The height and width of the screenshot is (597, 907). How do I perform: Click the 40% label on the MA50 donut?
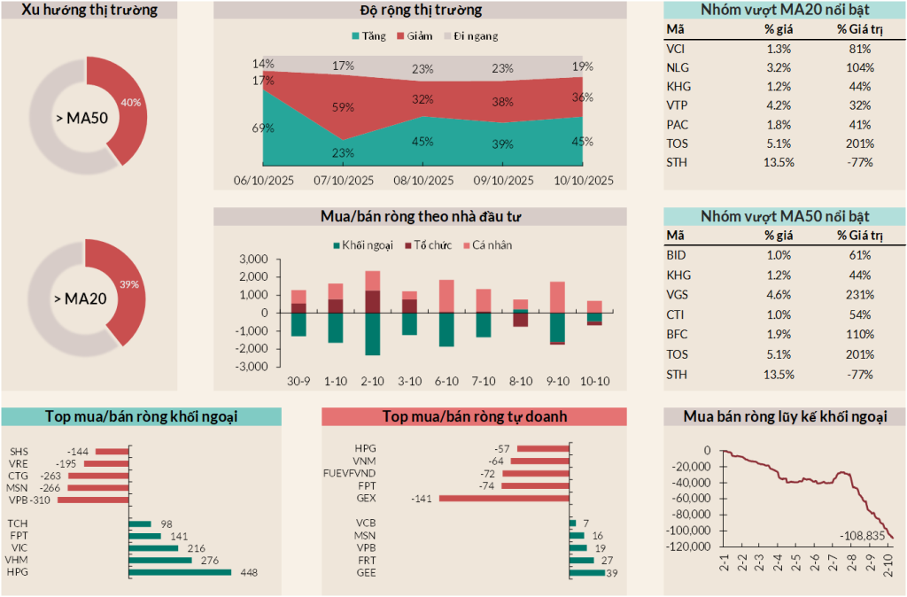[131, 103]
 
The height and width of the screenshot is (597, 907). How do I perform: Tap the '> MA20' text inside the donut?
[86, 298]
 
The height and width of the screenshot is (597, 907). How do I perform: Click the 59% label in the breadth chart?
[343, 107]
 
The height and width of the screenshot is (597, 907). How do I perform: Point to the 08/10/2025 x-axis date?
[423, 180]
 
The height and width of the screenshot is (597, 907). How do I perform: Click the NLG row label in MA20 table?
[677, 68]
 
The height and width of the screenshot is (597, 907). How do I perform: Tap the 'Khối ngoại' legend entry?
[364, 244]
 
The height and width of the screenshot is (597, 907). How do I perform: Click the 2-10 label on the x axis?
[373, 381]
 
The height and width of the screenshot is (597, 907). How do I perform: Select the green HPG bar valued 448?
[180, 572]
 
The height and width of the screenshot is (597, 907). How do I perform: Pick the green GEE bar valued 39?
[586, 573]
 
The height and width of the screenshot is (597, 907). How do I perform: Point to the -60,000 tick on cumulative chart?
[692, 499]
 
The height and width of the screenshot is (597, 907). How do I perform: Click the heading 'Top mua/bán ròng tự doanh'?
[474, 416]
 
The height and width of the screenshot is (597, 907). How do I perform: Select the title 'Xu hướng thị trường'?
[89, 11]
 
